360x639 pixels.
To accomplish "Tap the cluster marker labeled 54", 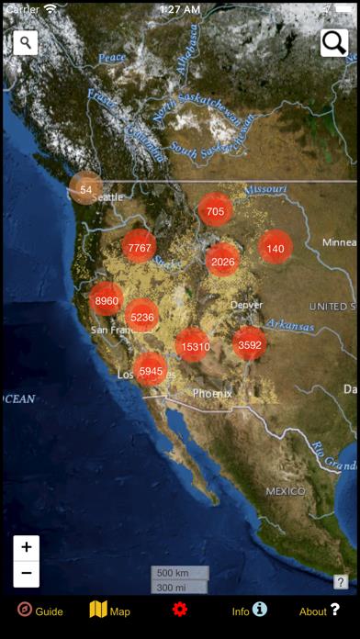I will [x=85, y=189].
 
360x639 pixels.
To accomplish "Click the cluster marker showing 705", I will [x=215, y=211].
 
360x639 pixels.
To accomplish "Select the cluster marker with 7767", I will [x=140, y=248].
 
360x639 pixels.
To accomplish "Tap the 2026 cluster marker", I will [x=222, y=262].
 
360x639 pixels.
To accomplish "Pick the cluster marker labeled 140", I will [x=276, y=248].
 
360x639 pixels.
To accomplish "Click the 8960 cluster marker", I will [x=107, y=300].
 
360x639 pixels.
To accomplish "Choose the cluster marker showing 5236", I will [x=142, y=318].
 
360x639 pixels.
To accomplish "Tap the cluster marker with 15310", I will [x=195, y=346].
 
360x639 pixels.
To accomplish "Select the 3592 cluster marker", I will [x=249, y=345].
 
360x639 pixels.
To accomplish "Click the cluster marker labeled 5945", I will [x=151, y=371].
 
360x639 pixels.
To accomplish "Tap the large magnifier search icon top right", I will [x=333, y=42].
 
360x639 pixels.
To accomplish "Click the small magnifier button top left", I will [x=26, y=42].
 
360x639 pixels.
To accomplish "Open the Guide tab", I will [x=39, y=611].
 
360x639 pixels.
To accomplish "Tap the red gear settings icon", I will [x=179, y=610].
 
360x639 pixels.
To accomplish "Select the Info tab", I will [x=249, y=611].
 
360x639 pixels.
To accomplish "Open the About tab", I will [x=320, y=611].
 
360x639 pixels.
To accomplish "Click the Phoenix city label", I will [x=212, y=393].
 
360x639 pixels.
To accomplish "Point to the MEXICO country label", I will [x=285, y=491].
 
